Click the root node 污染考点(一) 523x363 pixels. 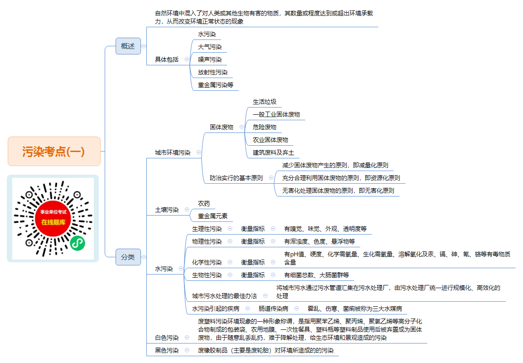pyautogui.click(x=54, y=151)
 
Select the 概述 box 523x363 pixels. pyautogui.click(x=128, y=46)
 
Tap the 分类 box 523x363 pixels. pyautogui.click(x=128, y=257)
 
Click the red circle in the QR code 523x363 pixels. pyautogui.click(x=53, y=218)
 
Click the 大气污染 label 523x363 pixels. pyautogui.click(x=210, y=47)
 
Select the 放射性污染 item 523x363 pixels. pyautogui.click(x=213, y=72)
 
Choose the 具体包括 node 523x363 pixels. pyautogui.click(x=167, y=59)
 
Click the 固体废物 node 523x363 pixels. pyautogui.click(x=222, y=127)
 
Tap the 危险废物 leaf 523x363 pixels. pyautogui.click(x=265, y=127)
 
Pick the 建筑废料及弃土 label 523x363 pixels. pyautogui.click(x=273, y=152)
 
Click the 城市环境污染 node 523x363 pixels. pyautogui.click(x=173, y=152)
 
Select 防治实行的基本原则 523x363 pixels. pyautogui.click(x=236, y=178)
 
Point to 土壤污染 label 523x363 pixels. pyautogui.click(x=167, y=210)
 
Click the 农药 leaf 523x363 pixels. pyautogui.click(x=204, y=203)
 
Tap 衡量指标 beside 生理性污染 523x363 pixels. pyautogui.click(x=253, y=229)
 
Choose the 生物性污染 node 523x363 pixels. pyautogui.click(x=207, y=275)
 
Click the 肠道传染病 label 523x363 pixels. pyautogui.click(x=273, y=309)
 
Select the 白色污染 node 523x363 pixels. pyautogui.click(x=167, y=338)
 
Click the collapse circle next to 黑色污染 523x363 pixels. pyautogui.click(x=187, y=350)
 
